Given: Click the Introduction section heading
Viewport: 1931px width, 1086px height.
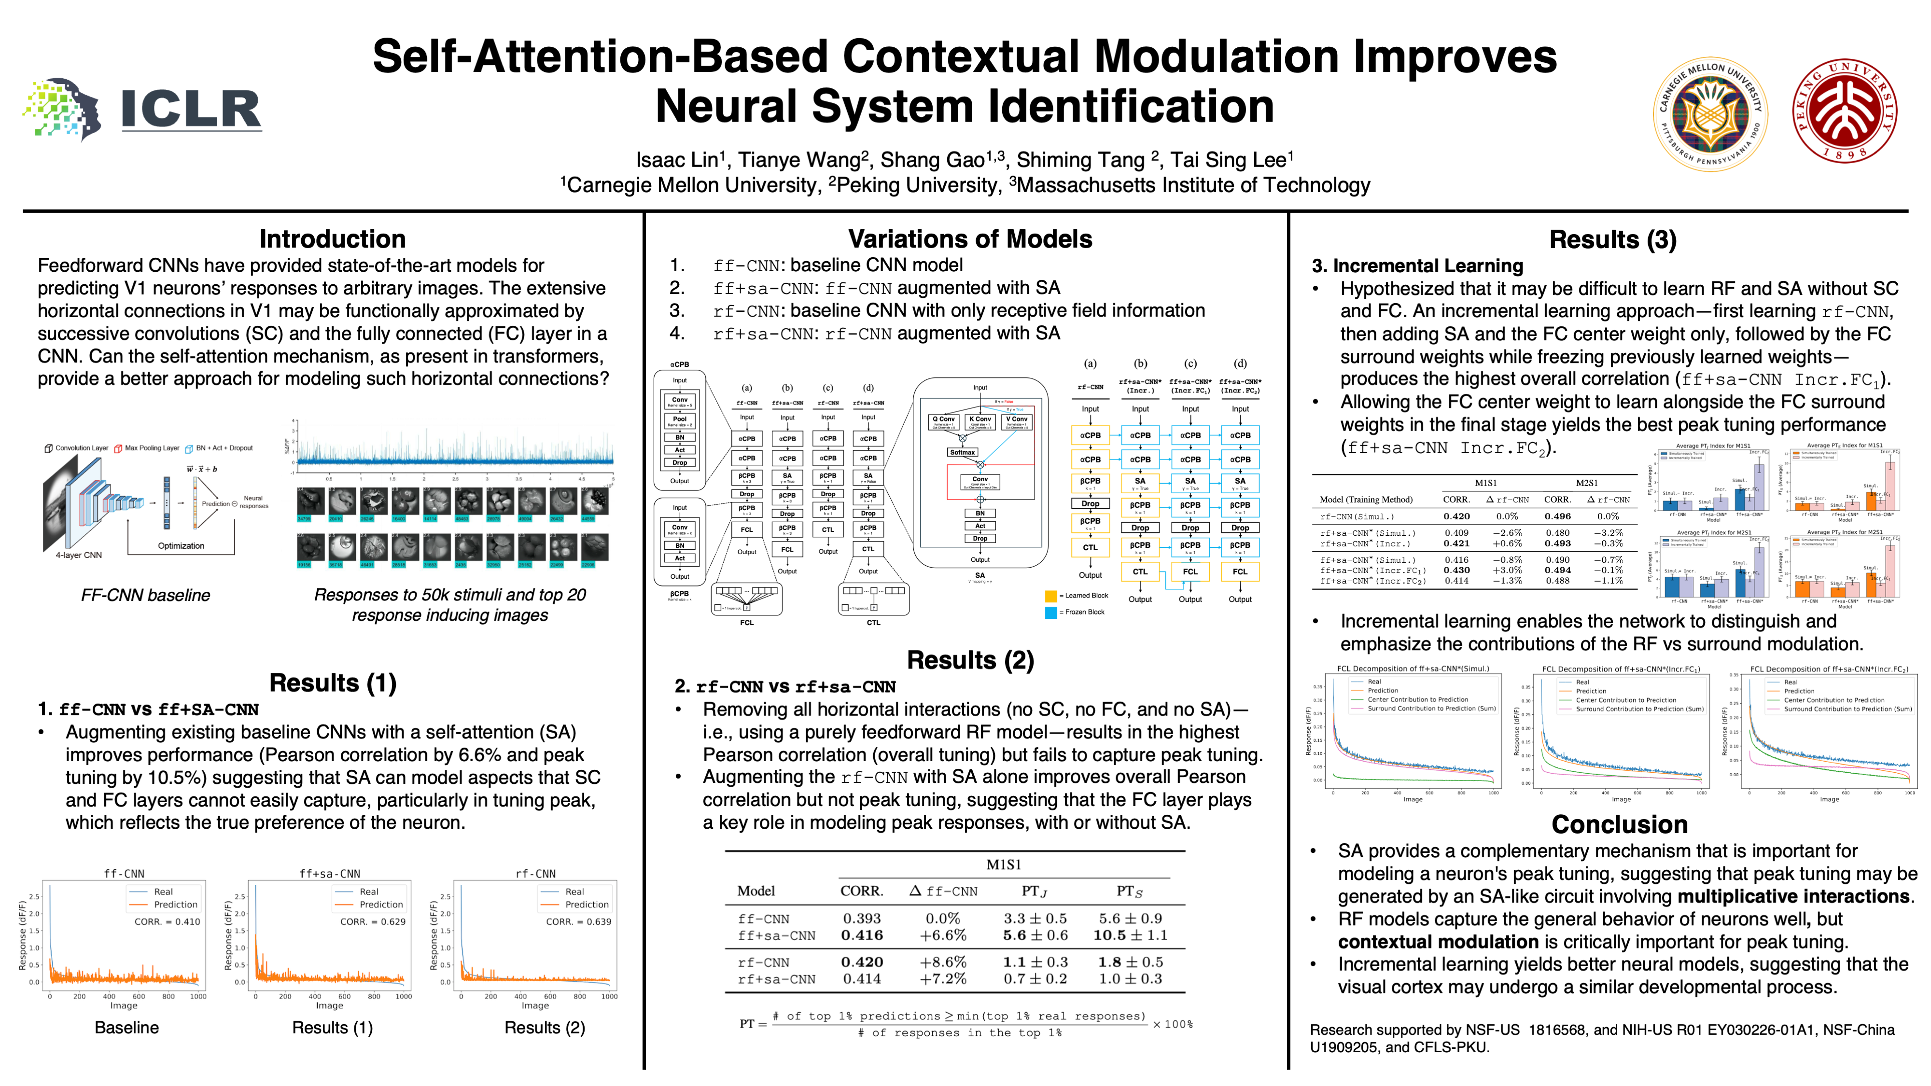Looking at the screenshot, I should coord(332,239).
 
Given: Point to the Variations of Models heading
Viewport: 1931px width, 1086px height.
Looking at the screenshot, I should coord(969,239).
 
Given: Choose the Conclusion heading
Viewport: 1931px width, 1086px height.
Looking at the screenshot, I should coord(1619,824).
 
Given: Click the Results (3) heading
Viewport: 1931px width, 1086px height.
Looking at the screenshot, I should coord(1612,240).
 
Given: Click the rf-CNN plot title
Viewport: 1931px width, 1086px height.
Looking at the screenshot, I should coord(535,874).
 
